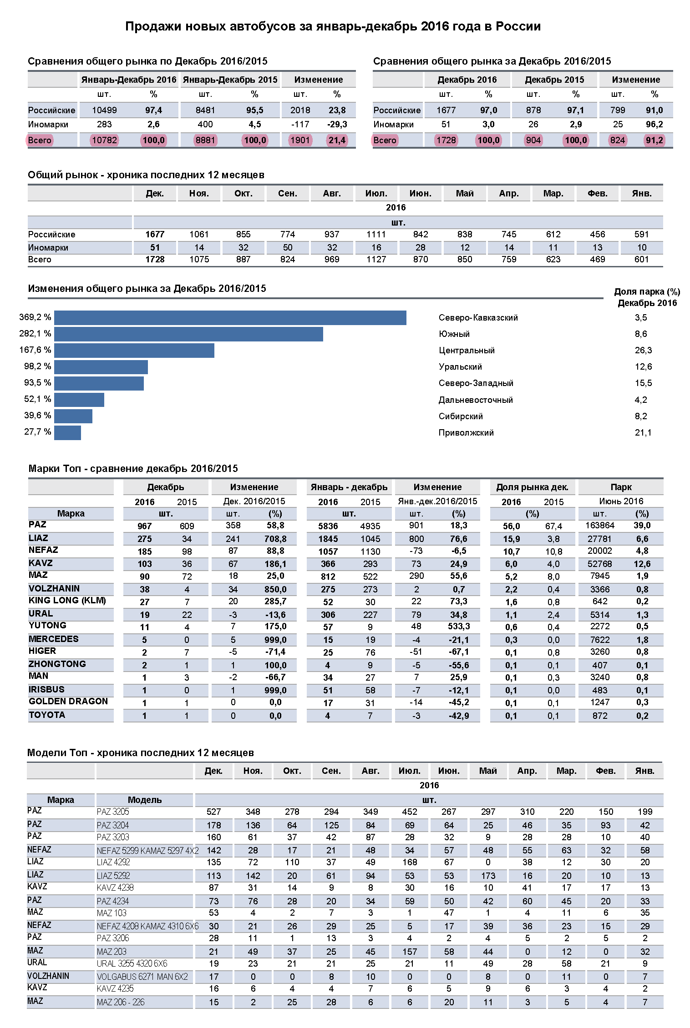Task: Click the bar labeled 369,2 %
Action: tap(230, 318)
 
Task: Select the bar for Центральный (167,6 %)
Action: tap(134, 351)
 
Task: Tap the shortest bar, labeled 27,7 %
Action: tap(67, 432)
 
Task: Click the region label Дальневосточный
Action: tap(476, 400)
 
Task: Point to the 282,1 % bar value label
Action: tap(35, 334)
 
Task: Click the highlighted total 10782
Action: tap(104, 140)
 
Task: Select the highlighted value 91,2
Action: tap(654, 140)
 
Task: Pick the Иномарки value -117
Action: tap(300, 125)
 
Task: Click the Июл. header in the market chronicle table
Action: tap(376, 194)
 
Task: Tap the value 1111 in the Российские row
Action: tap(376, 235)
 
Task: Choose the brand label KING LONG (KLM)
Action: tap(67, 601)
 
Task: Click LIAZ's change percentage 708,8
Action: tap(275, 539)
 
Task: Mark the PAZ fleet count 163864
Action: tap(599, 526)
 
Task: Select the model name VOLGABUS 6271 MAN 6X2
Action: tap(142, 977)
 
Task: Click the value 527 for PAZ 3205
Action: tap(213, 812)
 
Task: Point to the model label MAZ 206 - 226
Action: tap(121, 1002)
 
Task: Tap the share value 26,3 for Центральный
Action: tap(643, 351)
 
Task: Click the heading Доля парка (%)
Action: tap(647, 292)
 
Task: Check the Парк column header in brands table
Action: tap(621, 487)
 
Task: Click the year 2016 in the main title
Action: tap(435, 26)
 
